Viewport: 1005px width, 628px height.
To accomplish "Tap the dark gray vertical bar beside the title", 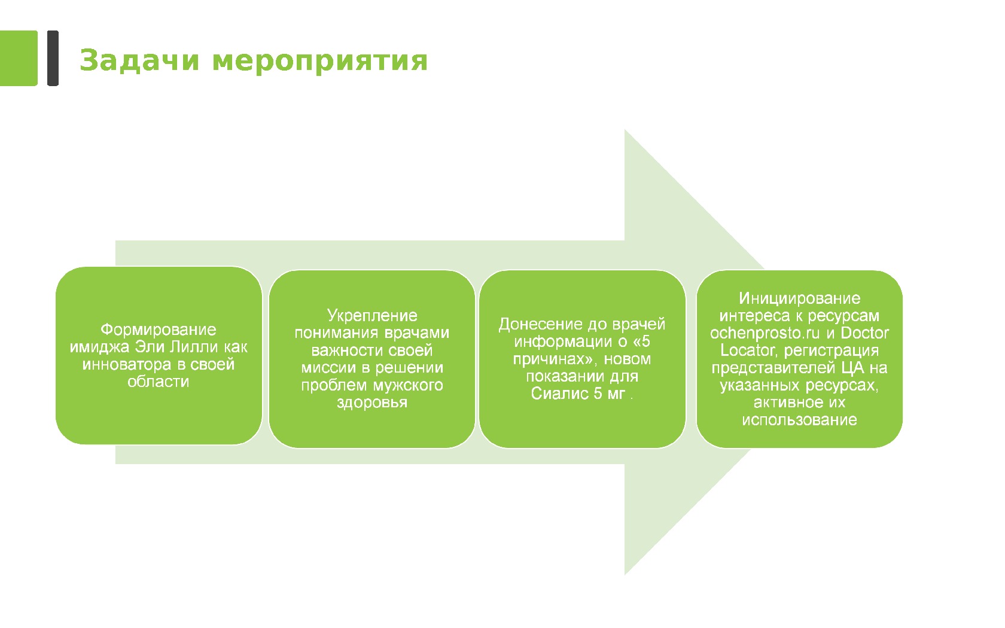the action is click(53, 58).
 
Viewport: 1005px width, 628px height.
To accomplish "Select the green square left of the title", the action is click(19, 58).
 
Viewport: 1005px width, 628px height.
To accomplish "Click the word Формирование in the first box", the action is click(159, 330).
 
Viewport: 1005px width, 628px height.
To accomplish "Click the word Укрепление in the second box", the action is click(372, 315).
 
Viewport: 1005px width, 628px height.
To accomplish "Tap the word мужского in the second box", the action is click(410, 385).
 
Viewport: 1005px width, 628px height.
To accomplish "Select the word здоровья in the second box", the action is click(372, 403).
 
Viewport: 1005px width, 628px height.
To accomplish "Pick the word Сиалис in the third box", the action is click(553, 394).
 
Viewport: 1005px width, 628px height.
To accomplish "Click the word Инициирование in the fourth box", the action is click(799, 298).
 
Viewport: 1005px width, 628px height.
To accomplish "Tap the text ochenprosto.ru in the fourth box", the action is click(765, 333).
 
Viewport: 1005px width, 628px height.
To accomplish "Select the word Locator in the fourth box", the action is click(748, 350).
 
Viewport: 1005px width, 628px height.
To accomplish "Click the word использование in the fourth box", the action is click(799, 420).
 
